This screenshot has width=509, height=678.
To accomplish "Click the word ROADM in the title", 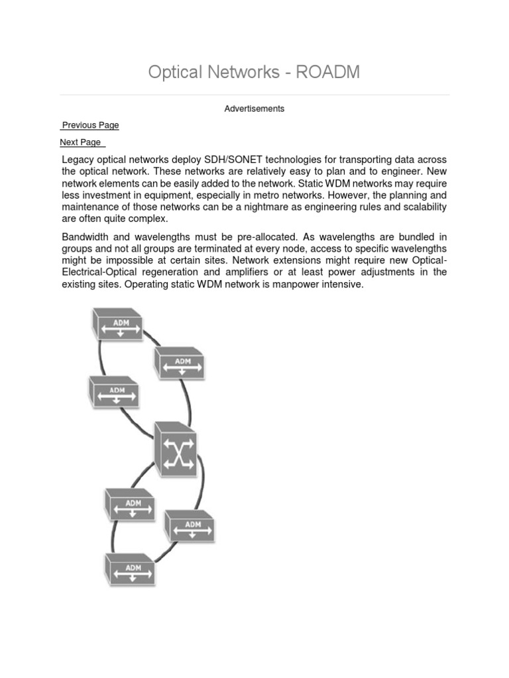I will (x=327, y=72).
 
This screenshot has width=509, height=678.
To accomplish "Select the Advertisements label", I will (x=254, y=109).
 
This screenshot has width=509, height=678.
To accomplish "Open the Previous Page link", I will (x=90, y=125).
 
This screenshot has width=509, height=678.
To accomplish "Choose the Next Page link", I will (x=81, y=142).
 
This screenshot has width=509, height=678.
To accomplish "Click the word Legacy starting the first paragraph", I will (x=78, y=160).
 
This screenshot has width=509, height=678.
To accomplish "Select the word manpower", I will (x=298, y=285).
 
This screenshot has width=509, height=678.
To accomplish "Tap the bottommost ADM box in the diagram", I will (x=131, y=569).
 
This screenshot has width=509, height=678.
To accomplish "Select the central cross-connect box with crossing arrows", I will (x=176, y=450).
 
